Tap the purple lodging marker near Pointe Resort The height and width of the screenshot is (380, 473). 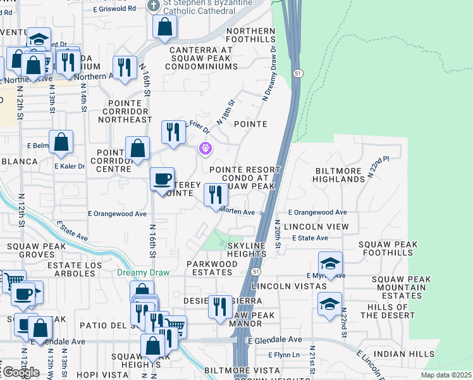(x=205, y=149)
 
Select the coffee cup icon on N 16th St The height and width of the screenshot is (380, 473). (x=163, y=179)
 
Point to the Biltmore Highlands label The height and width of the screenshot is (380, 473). (x=338, y=175)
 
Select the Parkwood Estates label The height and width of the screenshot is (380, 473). (x=212, y=268)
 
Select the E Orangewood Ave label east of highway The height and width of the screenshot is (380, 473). (x=317, y=213)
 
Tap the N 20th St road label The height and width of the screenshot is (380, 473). (x=278, y=234)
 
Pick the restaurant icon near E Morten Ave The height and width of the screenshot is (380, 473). (x=216, y=194)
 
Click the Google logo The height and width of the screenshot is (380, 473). (x=21, y=372)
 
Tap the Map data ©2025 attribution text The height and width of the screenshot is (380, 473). (x=446, y=375)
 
